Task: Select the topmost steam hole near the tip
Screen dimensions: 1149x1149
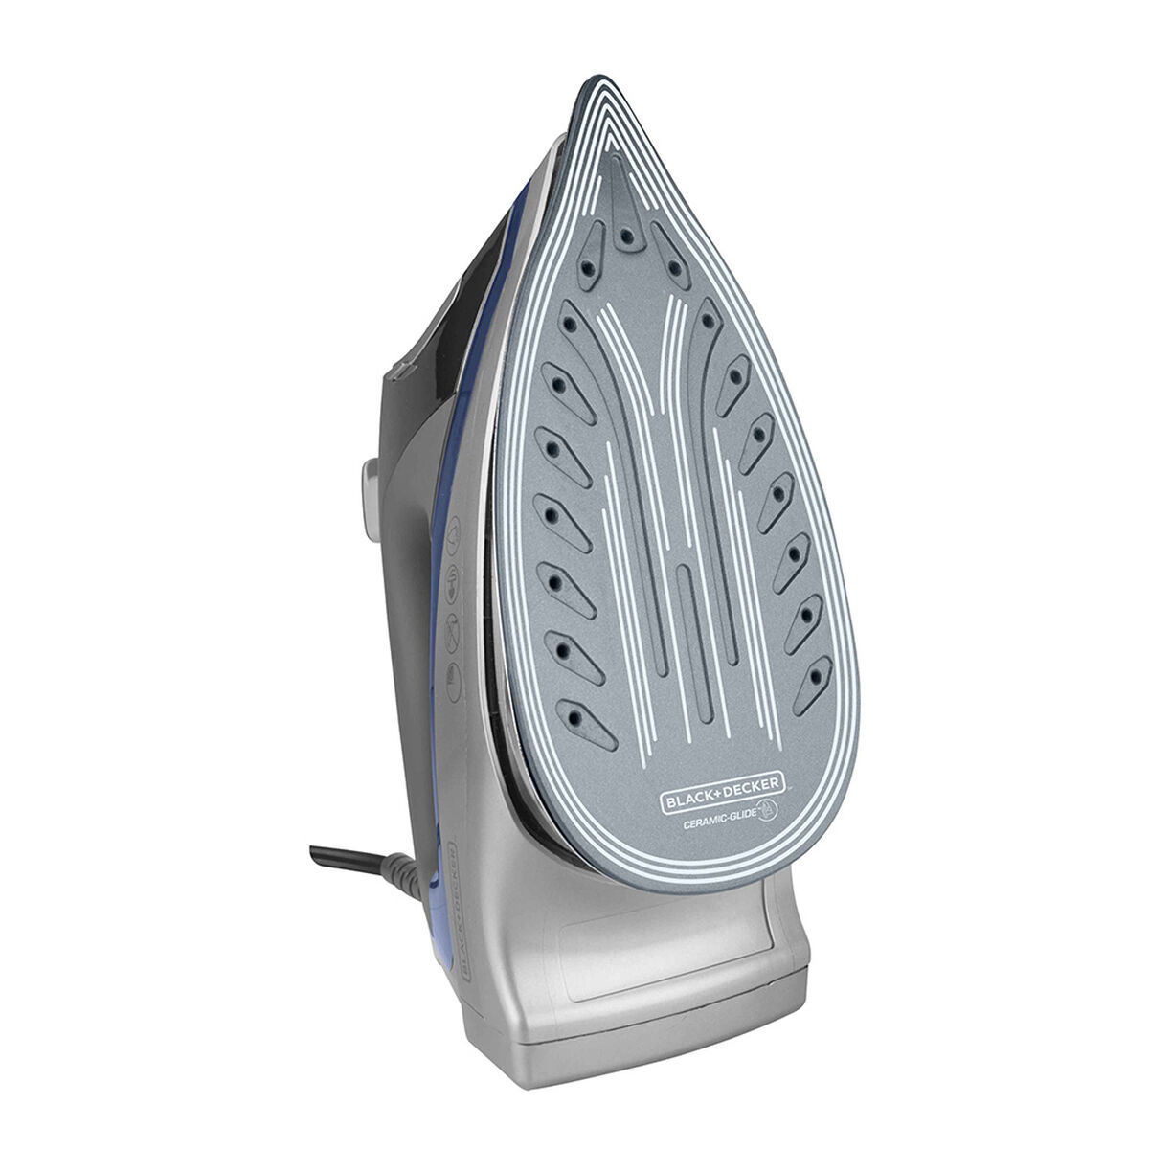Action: coord(625,237)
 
